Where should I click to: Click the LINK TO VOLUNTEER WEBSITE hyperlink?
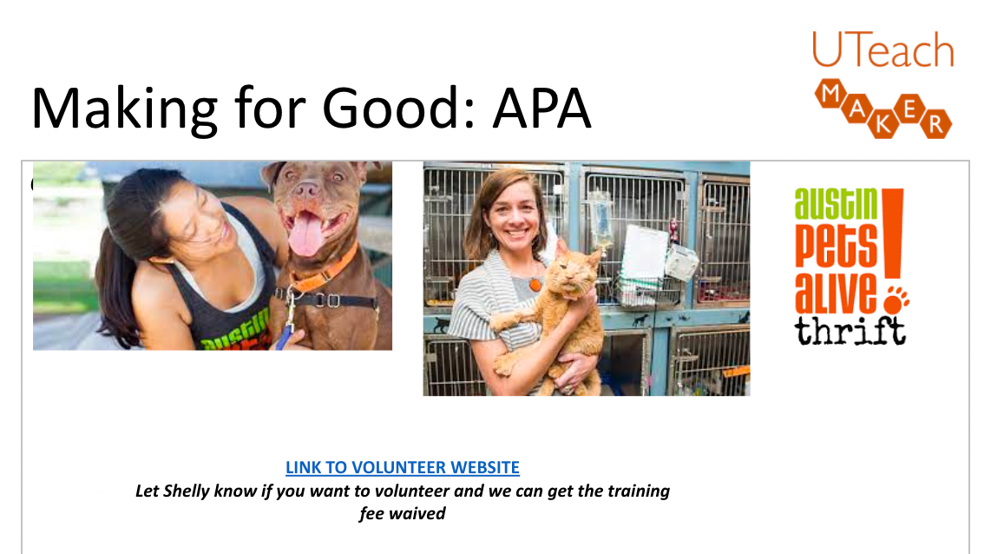pos(403,467)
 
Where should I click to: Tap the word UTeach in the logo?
pos(883,50)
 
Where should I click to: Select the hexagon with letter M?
pos(830,94)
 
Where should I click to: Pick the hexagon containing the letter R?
pos(936,124)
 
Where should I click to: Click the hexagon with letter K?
pos(883,124)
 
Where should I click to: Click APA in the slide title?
pos(541,109)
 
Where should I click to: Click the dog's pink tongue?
pos(306,234)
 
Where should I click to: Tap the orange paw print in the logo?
pos(896,300)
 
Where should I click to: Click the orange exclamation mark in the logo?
pos(892,234)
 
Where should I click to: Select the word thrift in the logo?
pos(850,330)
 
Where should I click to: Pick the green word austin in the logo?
pos(837,204)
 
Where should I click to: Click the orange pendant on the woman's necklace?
pos(535,285)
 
